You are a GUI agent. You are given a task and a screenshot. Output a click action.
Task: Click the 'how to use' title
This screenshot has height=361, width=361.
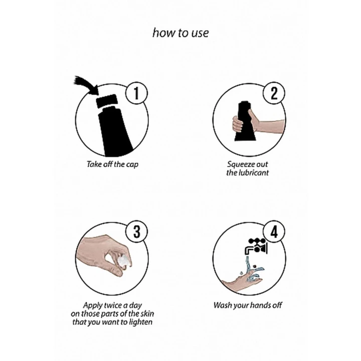(x=180, y=33)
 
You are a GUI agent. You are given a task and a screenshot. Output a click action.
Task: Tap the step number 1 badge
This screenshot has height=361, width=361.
(x=136, y=93)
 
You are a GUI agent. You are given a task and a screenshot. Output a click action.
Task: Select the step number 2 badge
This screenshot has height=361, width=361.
(x=274, y=93)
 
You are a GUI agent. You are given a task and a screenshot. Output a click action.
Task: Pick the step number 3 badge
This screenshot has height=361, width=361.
(x=136, y=231)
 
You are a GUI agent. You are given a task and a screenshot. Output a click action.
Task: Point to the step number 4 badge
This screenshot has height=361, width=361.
(x=274, y=231)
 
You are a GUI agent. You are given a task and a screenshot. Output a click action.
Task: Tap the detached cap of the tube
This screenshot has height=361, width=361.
(x=107, y=101)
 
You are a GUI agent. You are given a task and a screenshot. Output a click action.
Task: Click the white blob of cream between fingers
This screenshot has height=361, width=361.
(x=123, y=261)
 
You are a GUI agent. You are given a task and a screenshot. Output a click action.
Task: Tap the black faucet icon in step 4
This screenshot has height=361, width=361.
(x=256, y=247)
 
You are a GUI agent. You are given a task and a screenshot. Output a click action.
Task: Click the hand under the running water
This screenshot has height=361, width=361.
(x=242, y=283)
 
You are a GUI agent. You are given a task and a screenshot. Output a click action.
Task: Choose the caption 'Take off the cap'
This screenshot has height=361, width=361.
(x=112, y=164)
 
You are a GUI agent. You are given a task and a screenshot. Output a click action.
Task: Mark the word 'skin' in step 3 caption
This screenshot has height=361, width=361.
(x=147, y=313)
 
